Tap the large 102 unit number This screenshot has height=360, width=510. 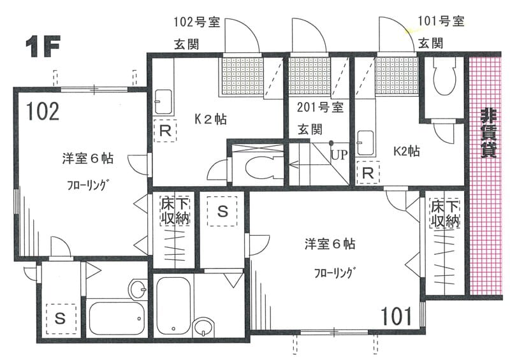pos(43,112)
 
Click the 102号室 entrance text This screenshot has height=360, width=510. pos(197,22)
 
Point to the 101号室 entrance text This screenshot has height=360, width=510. pos(441,22)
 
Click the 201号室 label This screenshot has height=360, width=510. pos(321,106)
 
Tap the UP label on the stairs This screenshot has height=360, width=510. pos(339,155)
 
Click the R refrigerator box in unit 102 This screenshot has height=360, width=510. pos(164,132)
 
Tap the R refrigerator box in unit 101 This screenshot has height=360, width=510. pos(368,173)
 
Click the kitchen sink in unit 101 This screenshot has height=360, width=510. pos(366,140)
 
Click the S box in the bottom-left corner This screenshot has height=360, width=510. pos(60,317)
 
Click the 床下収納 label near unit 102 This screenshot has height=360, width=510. pos(173,213)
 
